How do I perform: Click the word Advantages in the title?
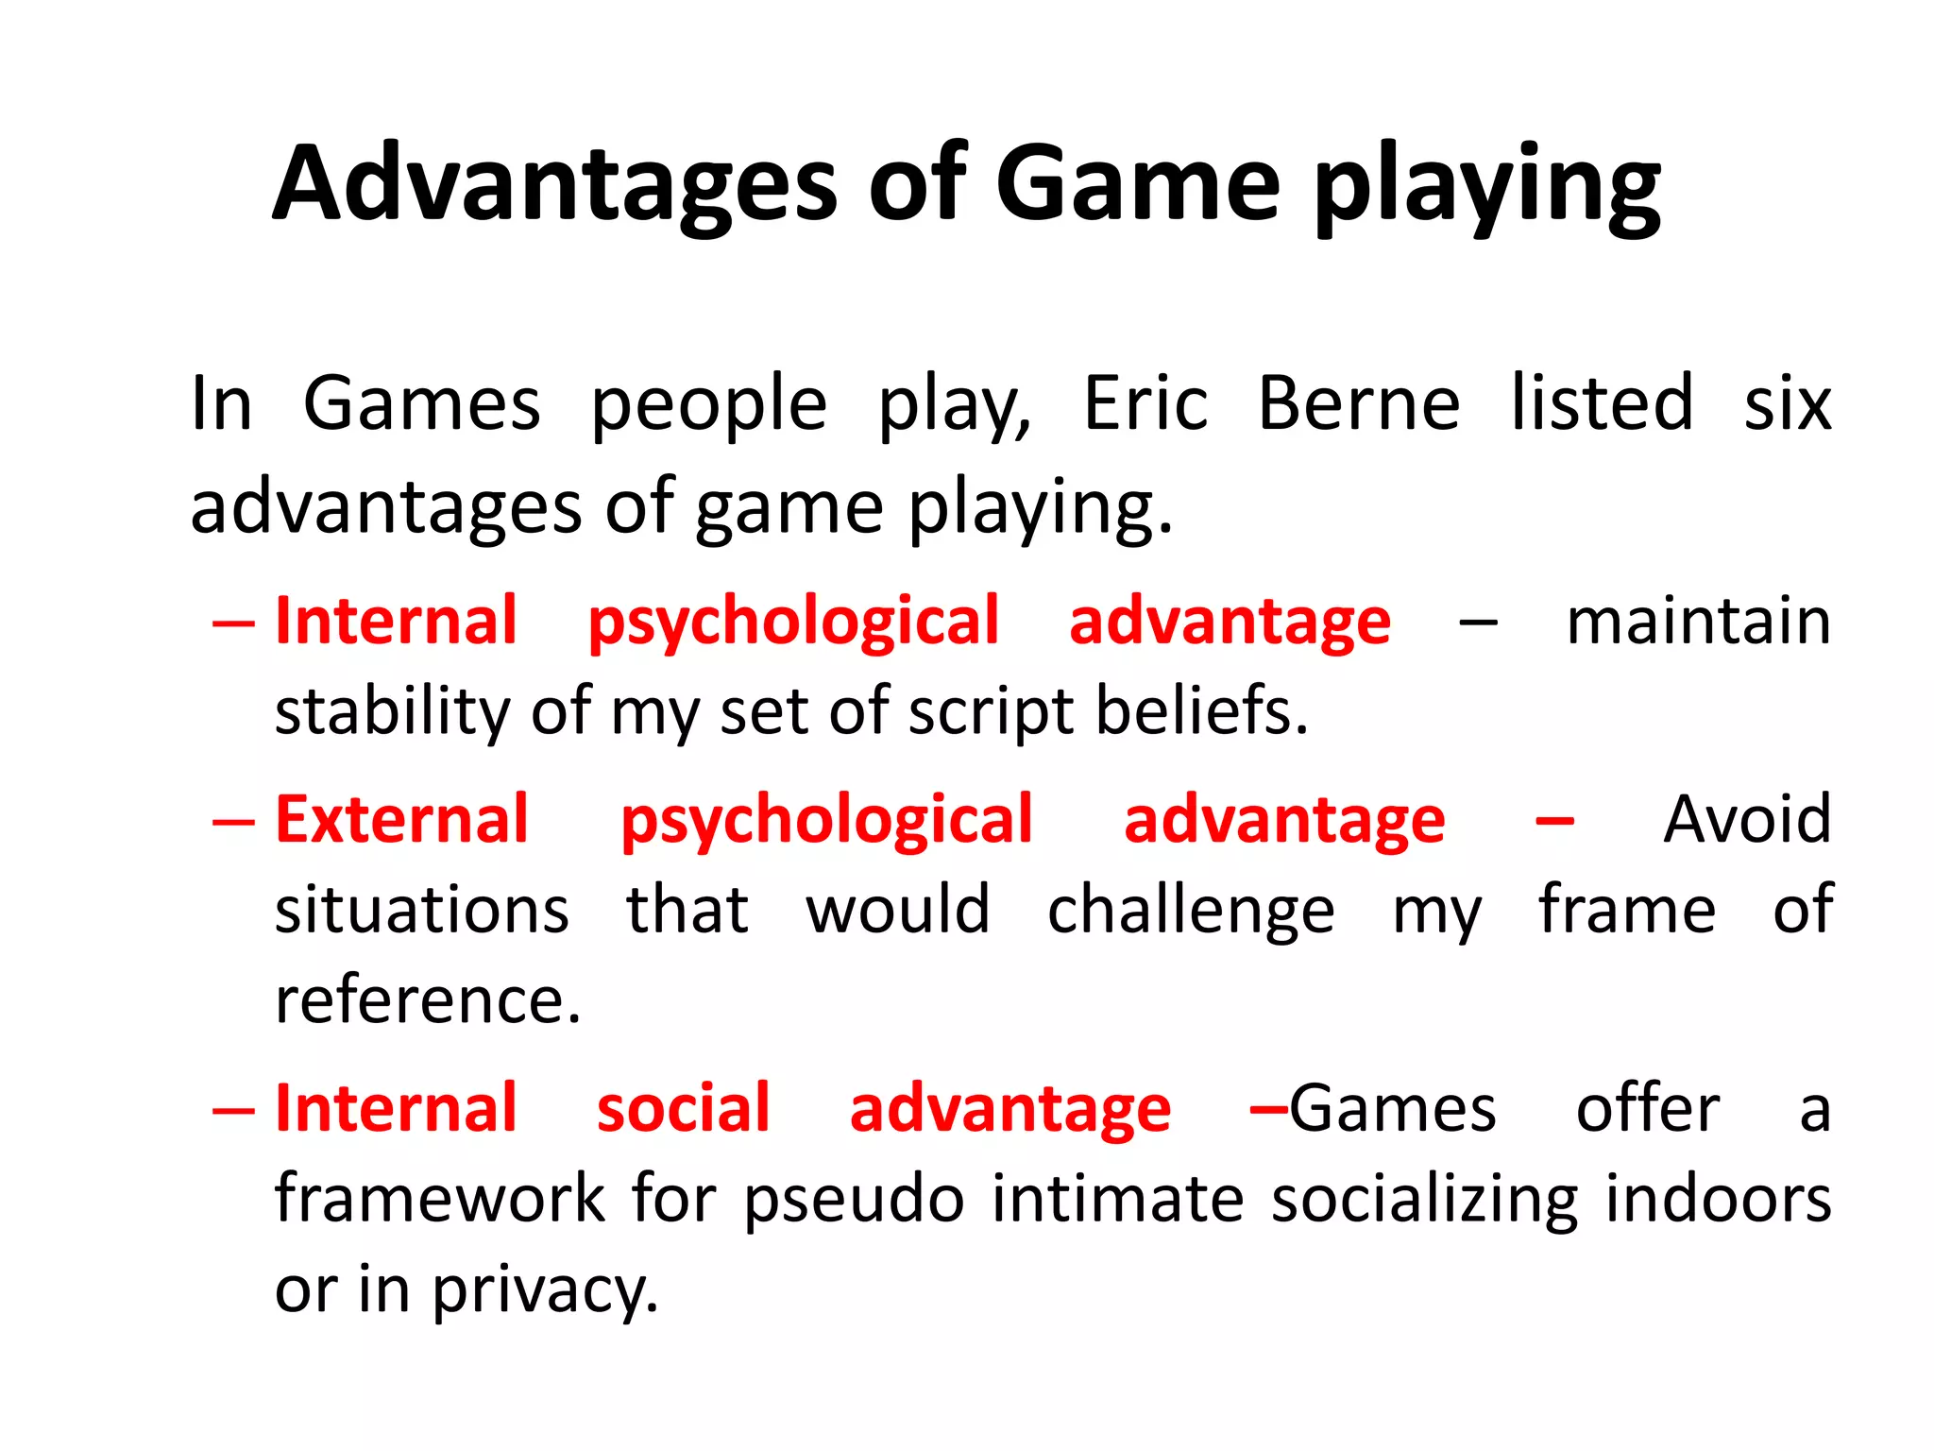(x=555, y=184)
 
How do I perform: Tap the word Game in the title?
(x=1137, y=184)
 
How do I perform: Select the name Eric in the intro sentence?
(x=1145, y=404)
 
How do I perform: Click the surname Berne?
(x=1359, y=404)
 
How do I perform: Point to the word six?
(x=1787, y=404)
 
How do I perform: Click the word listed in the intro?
(x=1602, y=404)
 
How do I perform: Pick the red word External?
(x=401, y=820)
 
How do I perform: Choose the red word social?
(x=684, y=1108)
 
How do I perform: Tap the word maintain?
(x=1698, y=623)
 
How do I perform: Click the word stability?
(x=392, y=711)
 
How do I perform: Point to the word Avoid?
(x=1747, y=820)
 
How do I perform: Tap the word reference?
(x=427, y=1000)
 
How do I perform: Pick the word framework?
(x=439, y=1199)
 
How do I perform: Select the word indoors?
(x=1718, y=1199)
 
